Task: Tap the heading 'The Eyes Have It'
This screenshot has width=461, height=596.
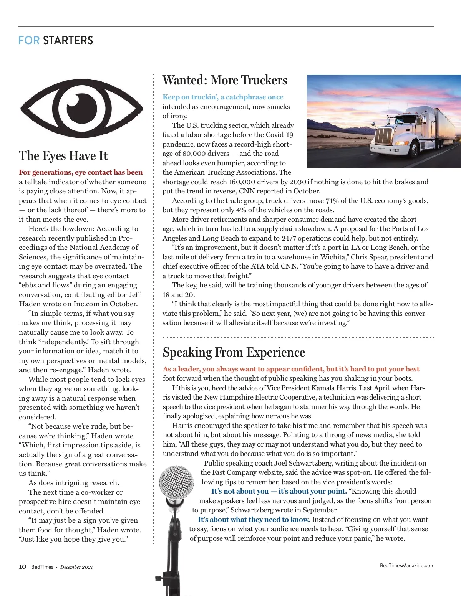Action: (63, 156)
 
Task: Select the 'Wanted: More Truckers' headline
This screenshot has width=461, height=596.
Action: (225, 80)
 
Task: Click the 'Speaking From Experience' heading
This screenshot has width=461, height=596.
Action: (234, 352)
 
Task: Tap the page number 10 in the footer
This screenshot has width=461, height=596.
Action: (23, 567)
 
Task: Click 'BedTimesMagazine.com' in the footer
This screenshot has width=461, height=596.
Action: (407, 565)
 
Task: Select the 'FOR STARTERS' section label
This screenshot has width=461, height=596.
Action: (56, 40)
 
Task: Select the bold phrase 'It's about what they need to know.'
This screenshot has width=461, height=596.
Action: (254, 520)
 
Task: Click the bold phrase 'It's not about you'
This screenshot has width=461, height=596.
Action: (240, 491)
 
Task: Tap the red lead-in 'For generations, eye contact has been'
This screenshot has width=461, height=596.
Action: (81, 172)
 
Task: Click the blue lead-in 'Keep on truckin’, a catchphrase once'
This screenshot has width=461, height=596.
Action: (223, 97)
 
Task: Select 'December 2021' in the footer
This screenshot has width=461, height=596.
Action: (76, 567)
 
